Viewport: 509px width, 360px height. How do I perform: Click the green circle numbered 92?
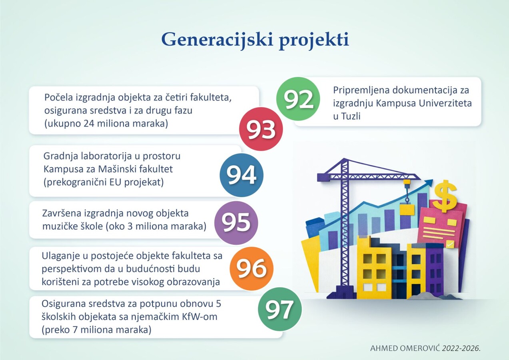coord(298,99)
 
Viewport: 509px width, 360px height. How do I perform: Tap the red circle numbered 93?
coord(261,129)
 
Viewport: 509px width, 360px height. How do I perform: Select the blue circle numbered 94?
coord(242,175)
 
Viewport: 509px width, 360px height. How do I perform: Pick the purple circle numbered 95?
coord(236,222)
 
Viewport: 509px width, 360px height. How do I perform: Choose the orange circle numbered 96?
coord(252,269)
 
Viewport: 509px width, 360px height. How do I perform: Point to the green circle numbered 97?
coord(280,309)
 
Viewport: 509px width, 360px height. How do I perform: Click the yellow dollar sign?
coord(445,196)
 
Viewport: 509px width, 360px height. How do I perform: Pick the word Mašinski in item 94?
coord(118,169)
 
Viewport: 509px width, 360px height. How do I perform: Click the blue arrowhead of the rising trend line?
coord(429,183)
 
